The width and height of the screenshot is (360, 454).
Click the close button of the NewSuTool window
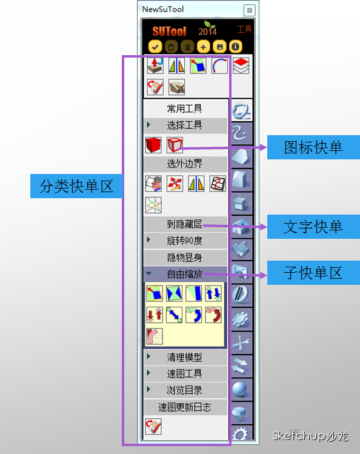[249, 11]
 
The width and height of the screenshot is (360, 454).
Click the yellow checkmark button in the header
[155, 46]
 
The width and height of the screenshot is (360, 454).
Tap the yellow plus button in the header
[203, 46]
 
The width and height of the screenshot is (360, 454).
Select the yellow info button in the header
[236, 46]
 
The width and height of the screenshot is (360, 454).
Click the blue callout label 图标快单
[313, 147]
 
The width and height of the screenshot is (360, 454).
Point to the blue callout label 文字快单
[313, 227]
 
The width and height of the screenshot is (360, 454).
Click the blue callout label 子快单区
[313, 273]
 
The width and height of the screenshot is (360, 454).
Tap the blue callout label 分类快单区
[76, 186]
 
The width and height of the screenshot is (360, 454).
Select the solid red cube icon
[153, 145]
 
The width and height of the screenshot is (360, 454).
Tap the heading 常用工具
[184, 108]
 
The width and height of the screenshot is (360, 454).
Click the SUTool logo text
[169, 31]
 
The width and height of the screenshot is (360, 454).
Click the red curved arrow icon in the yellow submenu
[213, 315]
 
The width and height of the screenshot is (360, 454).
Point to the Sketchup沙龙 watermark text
[310, 435]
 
